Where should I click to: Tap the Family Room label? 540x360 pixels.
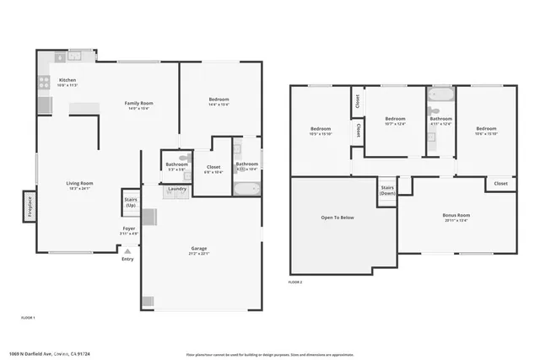(138, 103)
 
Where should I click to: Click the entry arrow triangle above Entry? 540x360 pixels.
(127, 250)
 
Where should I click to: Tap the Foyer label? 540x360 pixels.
(128, 228)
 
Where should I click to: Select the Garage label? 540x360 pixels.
(199, 249)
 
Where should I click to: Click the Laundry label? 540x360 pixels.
(176, 188)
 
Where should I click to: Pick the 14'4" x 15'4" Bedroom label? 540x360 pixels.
(219, 99)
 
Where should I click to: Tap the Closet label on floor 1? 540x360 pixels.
(213, 167)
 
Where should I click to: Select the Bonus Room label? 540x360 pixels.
(456, 215)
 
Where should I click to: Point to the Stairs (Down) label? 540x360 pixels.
(387, 190)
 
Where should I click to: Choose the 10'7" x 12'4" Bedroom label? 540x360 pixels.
(395, 119)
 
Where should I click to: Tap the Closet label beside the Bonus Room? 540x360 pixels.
(500, 183)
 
